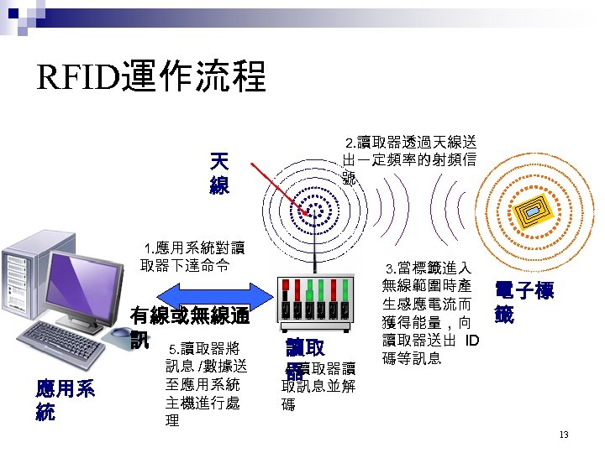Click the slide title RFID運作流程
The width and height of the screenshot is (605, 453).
(x=151, y=78)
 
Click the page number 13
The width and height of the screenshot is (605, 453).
(x=563, y=435)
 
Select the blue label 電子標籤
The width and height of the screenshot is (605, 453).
(x=523, y=303)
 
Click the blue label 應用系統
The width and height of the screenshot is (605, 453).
(x=64, y=400)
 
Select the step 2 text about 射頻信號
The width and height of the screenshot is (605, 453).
(x=409, y=159)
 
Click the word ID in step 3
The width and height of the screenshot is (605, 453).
(x=471, y=340)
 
